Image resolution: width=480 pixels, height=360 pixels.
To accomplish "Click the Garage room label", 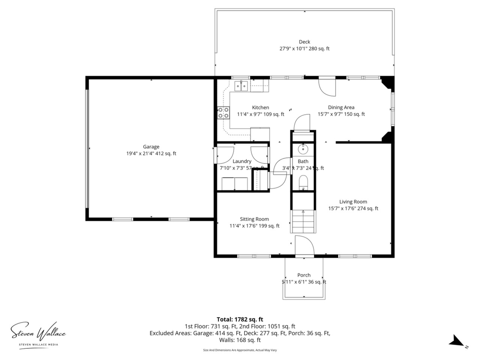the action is [151, 147].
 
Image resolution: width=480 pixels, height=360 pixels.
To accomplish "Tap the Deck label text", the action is [304, 42].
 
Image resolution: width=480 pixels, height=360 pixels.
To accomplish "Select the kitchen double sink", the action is [241, 86].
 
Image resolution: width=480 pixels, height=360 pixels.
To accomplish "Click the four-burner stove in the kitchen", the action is [223, 113].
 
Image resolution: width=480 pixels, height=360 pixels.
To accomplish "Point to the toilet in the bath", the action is [303, 183].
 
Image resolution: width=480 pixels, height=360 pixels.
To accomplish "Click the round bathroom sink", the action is [303, 149].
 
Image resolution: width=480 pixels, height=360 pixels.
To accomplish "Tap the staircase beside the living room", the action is [303, 221].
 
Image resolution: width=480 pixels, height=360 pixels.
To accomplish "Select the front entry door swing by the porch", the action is [304, 245].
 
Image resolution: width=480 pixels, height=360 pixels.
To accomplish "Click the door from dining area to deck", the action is [327, 87].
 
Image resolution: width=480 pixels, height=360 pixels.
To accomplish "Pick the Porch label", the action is [304, 275].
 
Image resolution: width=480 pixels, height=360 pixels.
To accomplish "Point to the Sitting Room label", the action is [254, 219].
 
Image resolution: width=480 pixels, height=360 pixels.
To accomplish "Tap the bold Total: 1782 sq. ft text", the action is [240, 319].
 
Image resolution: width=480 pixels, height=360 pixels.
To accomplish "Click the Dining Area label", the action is [341, 107].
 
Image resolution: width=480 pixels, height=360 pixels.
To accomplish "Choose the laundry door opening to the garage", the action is [224, 155].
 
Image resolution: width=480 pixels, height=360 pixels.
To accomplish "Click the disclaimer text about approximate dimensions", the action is [240, 350].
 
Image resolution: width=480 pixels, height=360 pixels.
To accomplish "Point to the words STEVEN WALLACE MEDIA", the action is [39, 345].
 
